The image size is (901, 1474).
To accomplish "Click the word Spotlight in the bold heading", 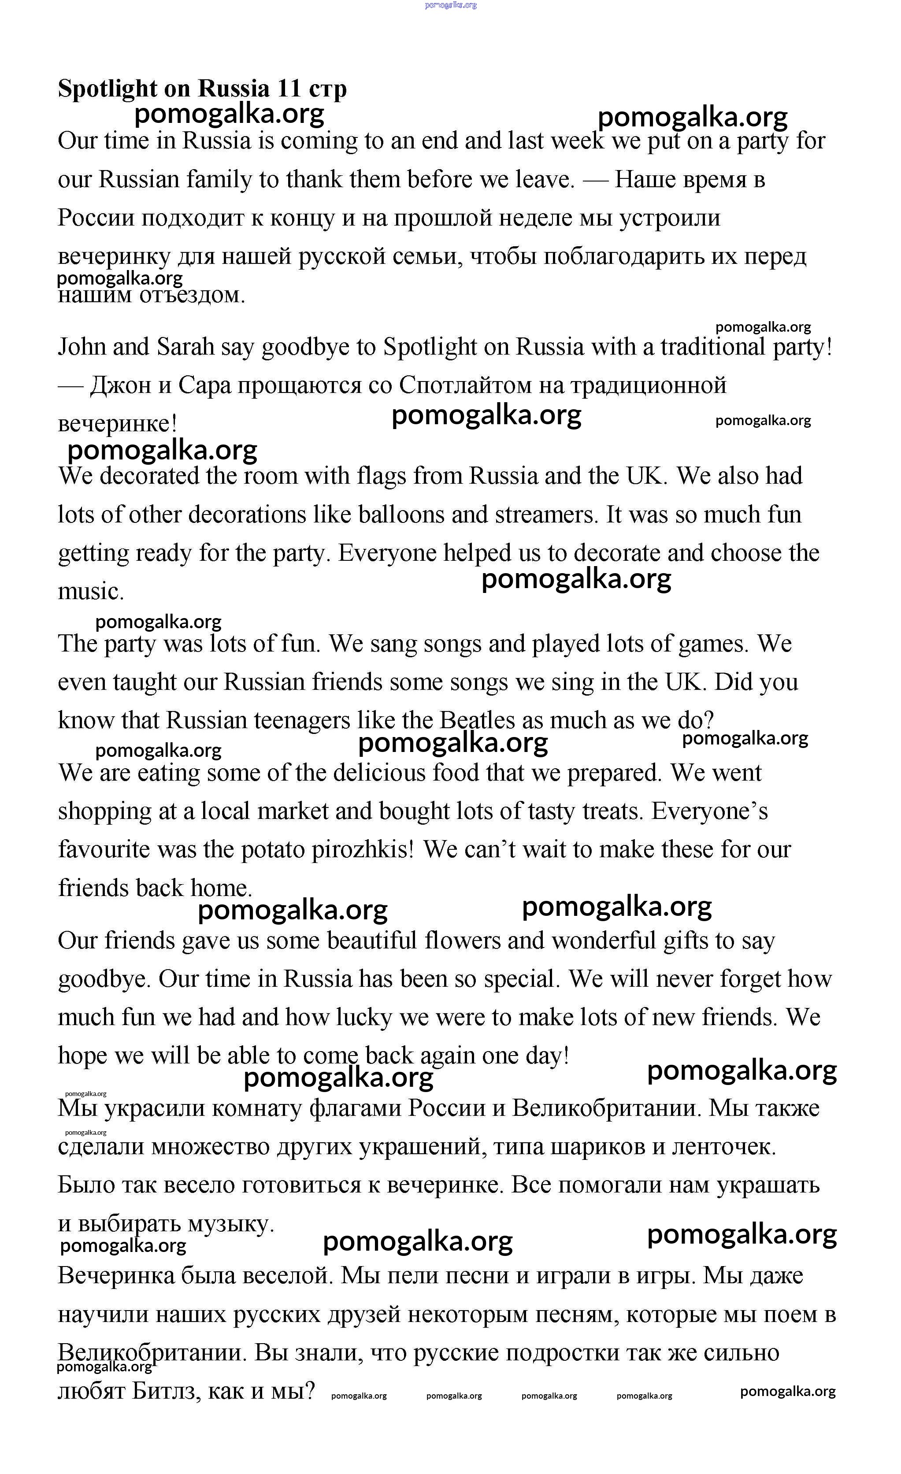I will [x=107, y=89].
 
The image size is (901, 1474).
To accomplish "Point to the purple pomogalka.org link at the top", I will [x=450, y=5].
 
